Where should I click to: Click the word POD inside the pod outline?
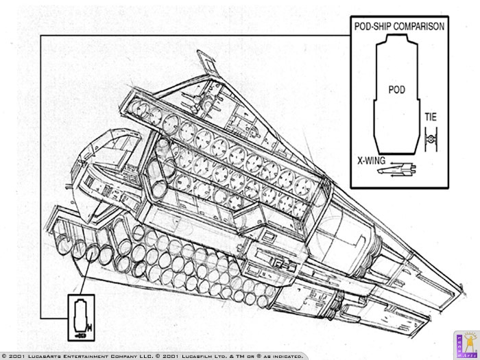(397, 90)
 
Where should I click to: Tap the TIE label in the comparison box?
(431, 117)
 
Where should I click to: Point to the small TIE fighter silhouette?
(431, 141)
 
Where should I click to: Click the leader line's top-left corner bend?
(40, 35)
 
